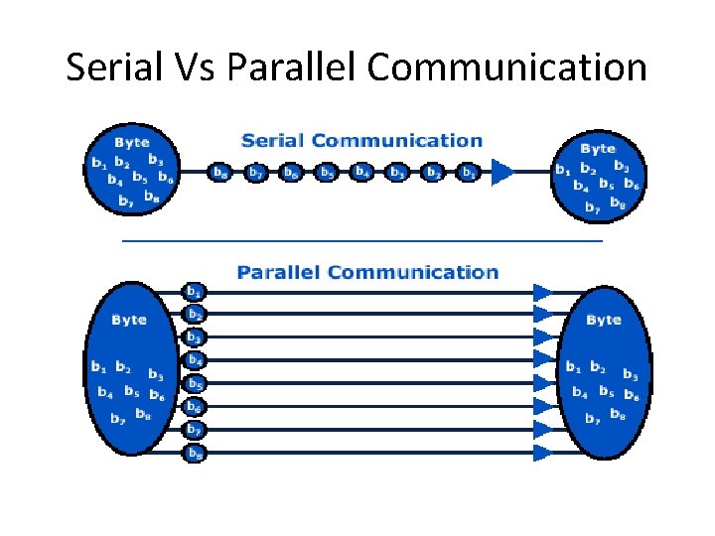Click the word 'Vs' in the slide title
coord(191,67)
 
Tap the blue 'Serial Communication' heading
coord(361,141)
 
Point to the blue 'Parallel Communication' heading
coord(366,272)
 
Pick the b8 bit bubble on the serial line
coord(219,173)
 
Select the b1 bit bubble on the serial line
coord(469,173)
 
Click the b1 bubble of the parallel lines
coord(195,292)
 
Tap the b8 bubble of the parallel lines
coord(195,454)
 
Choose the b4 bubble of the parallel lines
coord(195,360)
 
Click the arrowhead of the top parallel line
coord(543,293)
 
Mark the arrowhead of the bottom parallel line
coord(543,453)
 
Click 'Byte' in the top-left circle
coord(131,143)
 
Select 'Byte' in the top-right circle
coord(597,148)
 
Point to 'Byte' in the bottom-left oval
coord(129,320)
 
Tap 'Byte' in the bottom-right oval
coord(604,320)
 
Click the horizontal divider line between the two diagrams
coord(361,241)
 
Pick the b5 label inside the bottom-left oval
coord(130,392)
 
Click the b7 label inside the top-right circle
coord(592,207)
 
